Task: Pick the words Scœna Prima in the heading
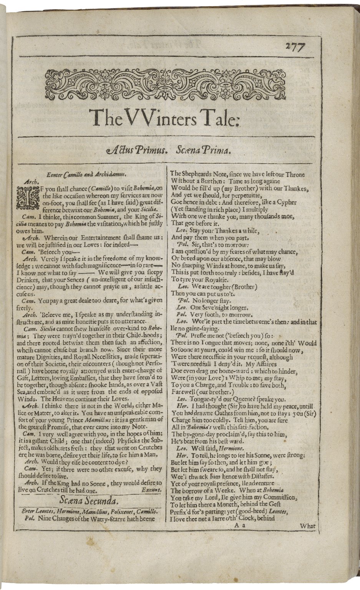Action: (202, 151)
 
